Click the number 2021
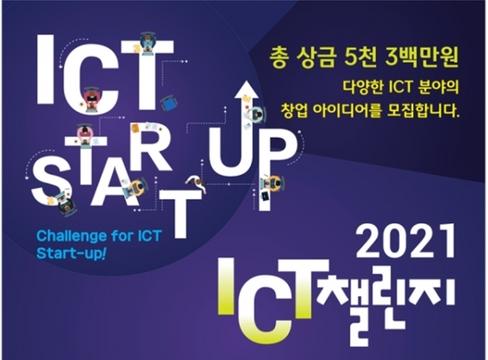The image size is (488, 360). tap(405, 241)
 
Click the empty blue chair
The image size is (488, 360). tap(169, 103)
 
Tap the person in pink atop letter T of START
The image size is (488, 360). tap(85, 132)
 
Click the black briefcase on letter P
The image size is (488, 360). tap(265, 196)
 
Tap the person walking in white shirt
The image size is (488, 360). tap(196, 183)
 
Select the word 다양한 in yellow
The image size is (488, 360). tap(362, 87)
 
